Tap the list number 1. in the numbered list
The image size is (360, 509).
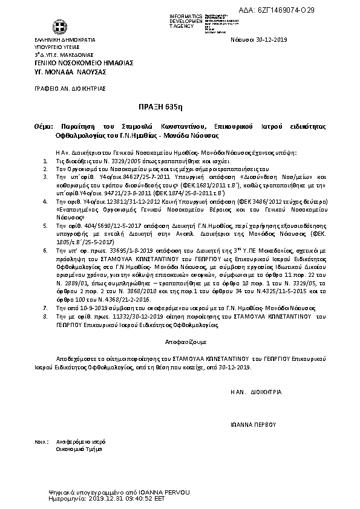[x=47, y=163]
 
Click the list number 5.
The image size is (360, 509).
[x=47, y=225]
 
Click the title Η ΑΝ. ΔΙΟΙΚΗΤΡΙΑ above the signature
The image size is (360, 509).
[x=256, y=392]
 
